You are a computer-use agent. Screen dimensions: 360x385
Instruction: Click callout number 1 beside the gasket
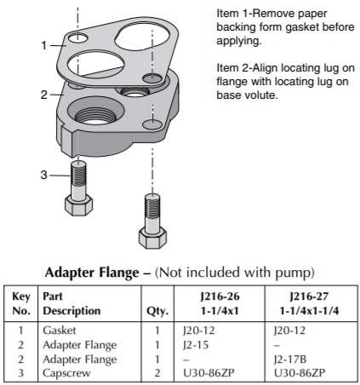pyautogui.click(x=43, y=45)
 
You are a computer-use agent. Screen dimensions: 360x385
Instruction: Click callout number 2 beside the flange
pyautogui.click(x=43, y=95)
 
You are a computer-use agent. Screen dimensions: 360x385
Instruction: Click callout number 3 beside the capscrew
pyautogui.click(x=43, y=175)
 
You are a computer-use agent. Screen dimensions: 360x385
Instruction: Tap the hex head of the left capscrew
pyautogui.click(x=78, y=205)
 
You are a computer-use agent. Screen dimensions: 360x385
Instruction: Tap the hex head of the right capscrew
pyautogui.click(x=152, y=238)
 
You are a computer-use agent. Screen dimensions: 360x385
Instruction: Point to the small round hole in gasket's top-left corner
pyautogui.click(x=77, y=37)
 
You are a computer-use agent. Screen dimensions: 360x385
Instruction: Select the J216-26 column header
pyautogui.click(x=220, y=303)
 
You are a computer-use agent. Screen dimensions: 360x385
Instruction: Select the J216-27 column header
pyautogui.click(x=309, y=303)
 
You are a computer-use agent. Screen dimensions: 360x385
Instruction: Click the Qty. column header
pyautogui.click(x=157, y=312)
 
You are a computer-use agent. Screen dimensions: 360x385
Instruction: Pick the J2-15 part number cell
pyautogui.click(x=196, y=345)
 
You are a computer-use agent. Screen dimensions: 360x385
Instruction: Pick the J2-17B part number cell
pyautogui.click(x=290, y=359)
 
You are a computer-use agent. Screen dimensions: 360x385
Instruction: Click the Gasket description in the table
pyautogui.click(x=60, y=330)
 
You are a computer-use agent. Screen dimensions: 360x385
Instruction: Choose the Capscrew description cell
pyautogui.click(x=66, y=373)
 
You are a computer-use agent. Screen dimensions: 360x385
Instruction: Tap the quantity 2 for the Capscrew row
pyautogui.click(x=157, y=373)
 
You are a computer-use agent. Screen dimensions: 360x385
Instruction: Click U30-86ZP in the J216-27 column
pyautogui.click(x=300, y=373)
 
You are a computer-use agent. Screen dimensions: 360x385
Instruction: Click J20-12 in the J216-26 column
pyautogui.click(x=198, y=330)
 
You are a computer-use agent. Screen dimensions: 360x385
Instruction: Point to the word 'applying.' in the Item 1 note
pyautogui.click(x=239, y=41)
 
